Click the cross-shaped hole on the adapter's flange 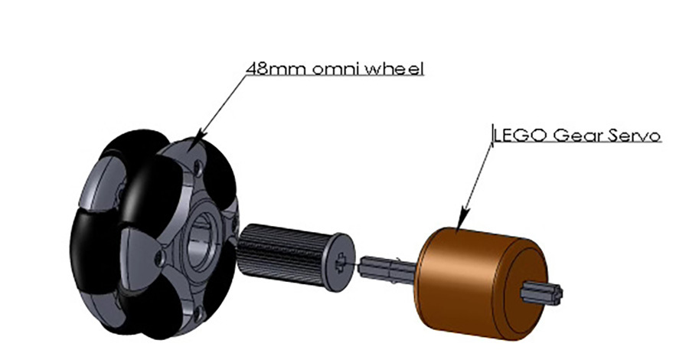(340, 263)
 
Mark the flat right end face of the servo (528, 276)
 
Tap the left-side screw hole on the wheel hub (158, 253)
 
